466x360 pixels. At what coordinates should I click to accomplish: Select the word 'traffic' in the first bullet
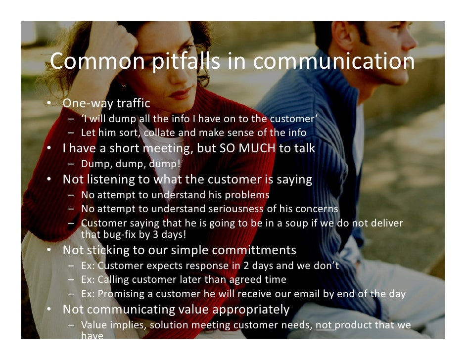pos(133,104)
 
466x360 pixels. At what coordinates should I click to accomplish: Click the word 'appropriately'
pos(251,310)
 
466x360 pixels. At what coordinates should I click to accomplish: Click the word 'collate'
pos(160,133)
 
